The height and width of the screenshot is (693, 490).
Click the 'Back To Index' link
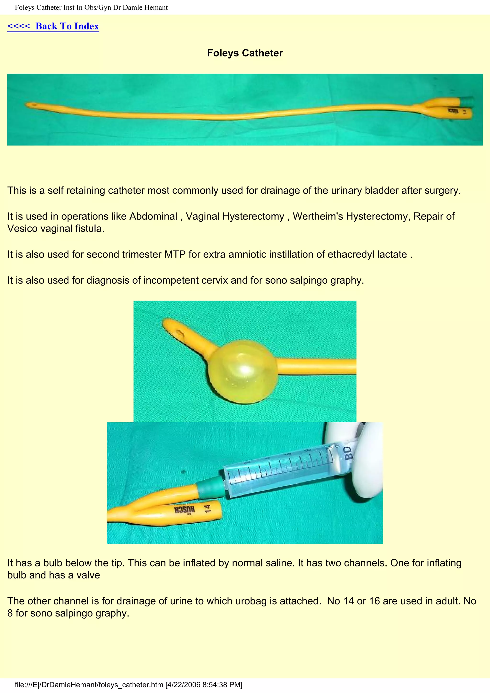pos(53,26)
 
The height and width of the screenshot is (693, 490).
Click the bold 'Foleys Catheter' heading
pos(245,53)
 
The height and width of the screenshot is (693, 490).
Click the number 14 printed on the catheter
pos(207,509)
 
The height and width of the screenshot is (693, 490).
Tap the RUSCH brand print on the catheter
pos(184,510)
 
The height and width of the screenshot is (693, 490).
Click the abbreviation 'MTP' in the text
pos(175,254)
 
